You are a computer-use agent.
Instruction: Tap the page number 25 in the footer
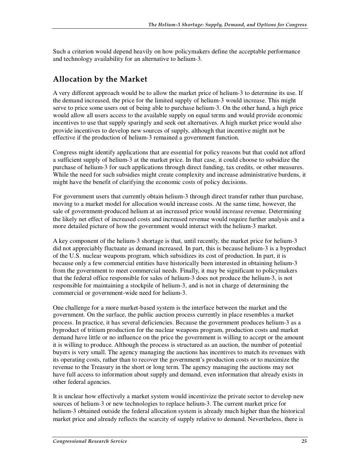coord(304,441)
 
